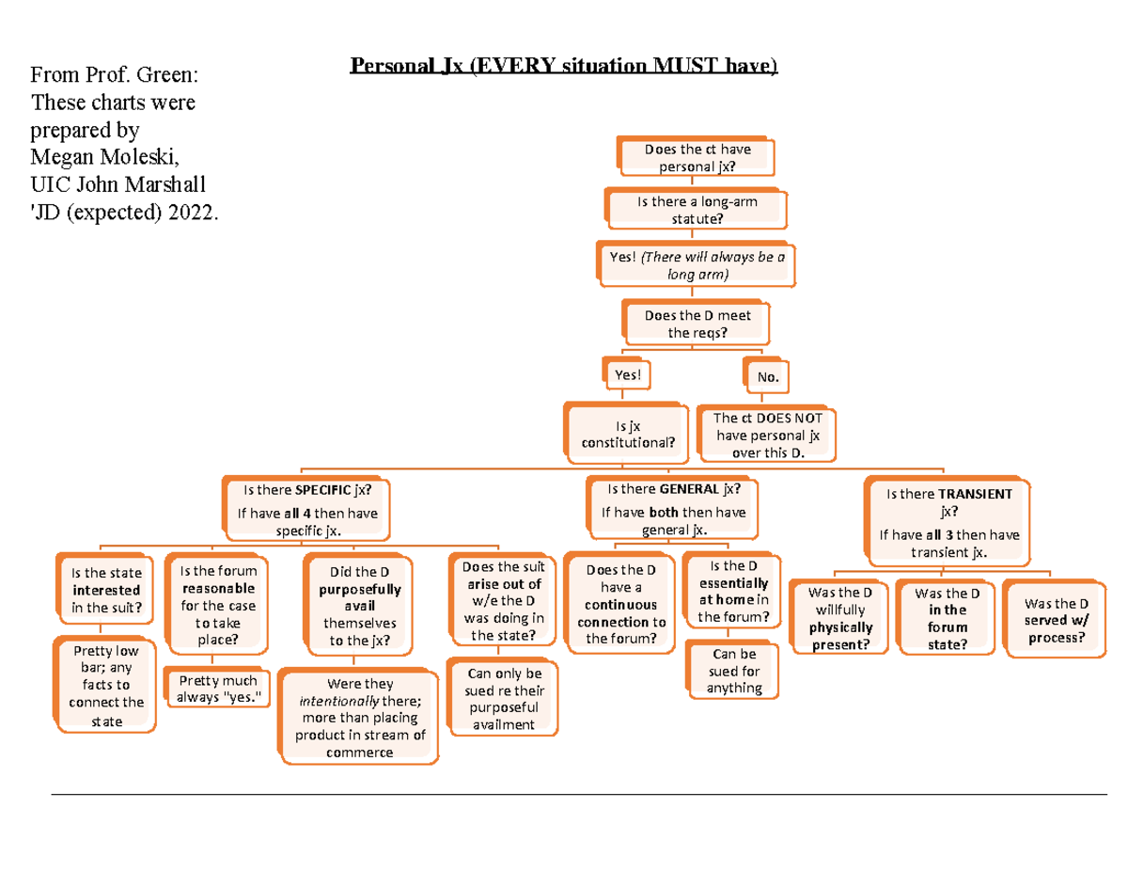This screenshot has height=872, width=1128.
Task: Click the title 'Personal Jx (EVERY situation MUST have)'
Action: click(x=564, y=67)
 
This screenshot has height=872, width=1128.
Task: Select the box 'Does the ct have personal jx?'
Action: click(x=697, y=157)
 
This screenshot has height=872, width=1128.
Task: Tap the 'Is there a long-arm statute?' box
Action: click(x=697, y=209)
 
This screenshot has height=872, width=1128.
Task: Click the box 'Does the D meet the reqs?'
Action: click(x=697, y=324)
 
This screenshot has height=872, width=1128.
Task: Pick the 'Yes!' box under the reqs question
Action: click(x=628, y=374)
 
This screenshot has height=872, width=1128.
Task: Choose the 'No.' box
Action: click(x=768, y=377)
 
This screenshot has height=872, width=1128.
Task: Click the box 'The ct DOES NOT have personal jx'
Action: click(x=767, y=435)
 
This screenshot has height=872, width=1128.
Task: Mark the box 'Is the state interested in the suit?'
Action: click(x=106, y=590)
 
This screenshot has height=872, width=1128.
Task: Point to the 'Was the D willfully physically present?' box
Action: click(x=839, y=618)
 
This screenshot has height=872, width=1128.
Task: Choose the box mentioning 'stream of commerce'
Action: click(x=359, y=718)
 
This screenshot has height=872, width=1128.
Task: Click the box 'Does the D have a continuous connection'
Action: click(x=620, y=604)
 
